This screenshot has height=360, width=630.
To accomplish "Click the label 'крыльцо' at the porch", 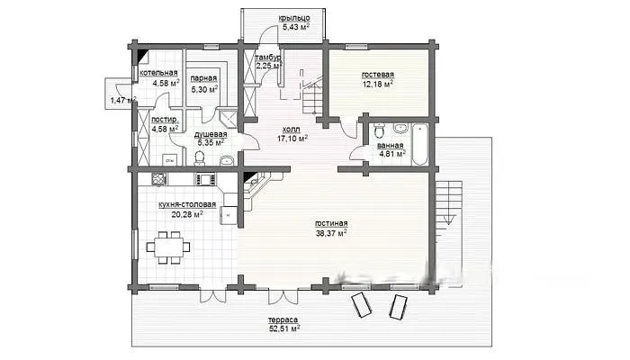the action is coord(294,18).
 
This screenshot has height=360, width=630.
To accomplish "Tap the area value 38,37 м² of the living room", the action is coord(331,233).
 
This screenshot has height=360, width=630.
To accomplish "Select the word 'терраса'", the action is coord(283,319).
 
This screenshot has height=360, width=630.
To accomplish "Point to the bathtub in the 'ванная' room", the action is coord(420,145).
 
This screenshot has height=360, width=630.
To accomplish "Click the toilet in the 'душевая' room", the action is coord(199,158).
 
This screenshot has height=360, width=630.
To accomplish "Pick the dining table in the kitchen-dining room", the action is coord(168,247).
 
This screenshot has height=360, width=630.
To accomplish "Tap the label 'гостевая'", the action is coord(378,75).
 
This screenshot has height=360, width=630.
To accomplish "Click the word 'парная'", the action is coord(203,78).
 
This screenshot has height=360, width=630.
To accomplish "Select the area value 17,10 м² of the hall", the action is coord(292,139).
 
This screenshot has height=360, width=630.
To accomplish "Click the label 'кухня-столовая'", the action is coord(187,204).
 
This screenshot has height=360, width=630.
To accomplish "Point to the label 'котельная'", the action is coord(158,73).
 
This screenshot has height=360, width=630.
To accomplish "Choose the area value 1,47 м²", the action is coord(123,100).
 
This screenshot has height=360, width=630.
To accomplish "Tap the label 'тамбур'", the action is coord(268,58).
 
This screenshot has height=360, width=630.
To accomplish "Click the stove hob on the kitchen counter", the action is coord(205,179).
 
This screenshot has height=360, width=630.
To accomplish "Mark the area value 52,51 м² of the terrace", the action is coord(284,328).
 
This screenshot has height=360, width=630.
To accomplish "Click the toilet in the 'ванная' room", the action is coord(379,130).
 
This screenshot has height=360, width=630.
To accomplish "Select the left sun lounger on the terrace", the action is coord(361,305).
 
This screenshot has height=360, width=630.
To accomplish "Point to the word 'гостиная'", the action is coord(331,224).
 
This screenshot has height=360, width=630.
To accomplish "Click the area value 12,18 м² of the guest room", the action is coord(378,84).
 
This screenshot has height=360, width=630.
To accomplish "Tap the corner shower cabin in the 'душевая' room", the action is coord(229,116).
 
